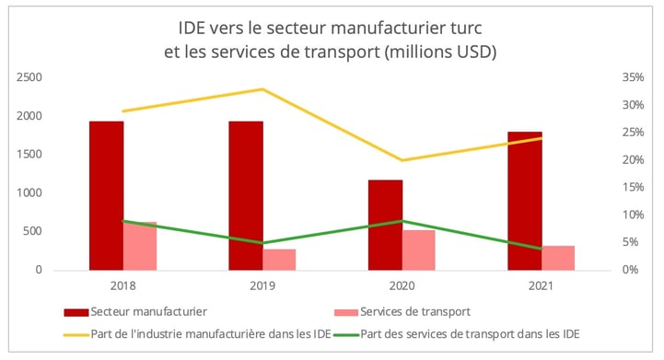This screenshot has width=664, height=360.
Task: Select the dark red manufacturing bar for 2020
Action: pos(385,225)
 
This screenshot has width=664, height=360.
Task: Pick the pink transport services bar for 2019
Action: pos(280,260)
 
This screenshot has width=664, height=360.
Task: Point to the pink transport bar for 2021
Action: pos(558,258)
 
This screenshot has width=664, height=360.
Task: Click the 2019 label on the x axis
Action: pos(262,286)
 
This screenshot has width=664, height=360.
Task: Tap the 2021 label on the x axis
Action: pos(541,286)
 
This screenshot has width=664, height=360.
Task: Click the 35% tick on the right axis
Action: pos(631,77)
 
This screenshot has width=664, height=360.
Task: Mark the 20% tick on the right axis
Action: pos(631,160)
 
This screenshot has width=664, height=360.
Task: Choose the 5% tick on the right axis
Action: pos(631,243)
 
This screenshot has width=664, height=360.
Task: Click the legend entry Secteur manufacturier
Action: pos(148,311)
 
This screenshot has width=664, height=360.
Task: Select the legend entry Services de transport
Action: pos(411,311)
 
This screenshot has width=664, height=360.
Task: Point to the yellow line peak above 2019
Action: pos(262,89)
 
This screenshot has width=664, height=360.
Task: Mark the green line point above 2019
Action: pos(262,243)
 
